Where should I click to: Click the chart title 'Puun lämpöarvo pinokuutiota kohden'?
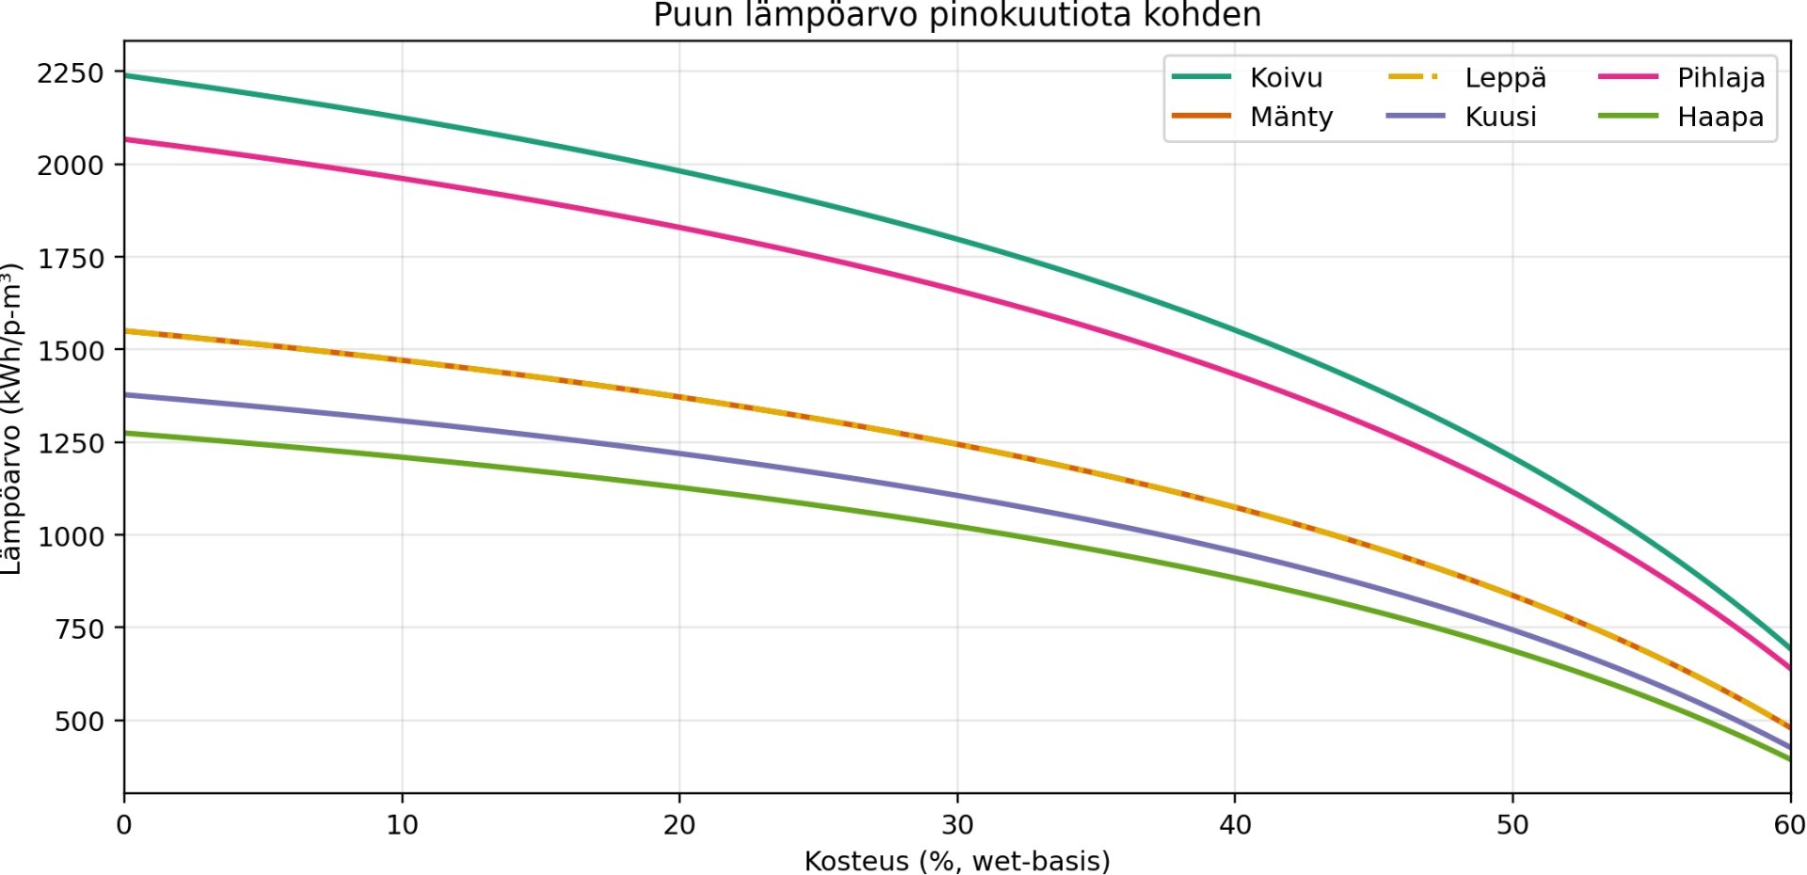(x=956, y=16)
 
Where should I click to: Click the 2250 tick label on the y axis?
(x=71, y=72)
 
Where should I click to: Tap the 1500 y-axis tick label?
(x=71, y=350)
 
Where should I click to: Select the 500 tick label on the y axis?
(x=79, y=722)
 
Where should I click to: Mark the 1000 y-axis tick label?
(x=71, y=536)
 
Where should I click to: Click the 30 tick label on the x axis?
(x=957, y=825)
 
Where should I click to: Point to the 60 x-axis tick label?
(x=1789, y=825)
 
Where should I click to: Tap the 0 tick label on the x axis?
(x=124, y=825)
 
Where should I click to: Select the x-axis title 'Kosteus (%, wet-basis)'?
(x=957, y=861)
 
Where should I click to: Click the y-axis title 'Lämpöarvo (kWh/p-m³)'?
(x=11, y=419)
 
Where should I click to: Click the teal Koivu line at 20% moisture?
(x=680, y=170)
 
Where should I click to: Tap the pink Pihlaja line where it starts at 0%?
(x=127, y=139)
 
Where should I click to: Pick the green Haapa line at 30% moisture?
(x=957, y=526)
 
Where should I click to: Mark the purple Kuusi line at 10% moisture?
(x=402, y=421)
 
